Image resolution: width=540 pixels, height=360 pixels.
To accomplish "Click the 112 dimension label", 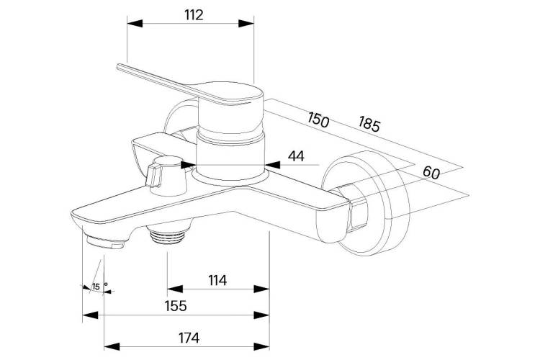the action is coord(194,15).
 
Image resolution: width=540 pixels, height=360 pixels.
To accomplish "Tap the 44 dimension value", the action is coord(296,156).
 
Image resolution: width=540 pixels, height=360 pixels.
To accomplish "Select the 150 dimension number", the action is coord(318,120).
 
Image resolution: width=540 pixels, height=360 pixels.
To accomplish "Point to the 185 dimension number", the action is coord(369,124).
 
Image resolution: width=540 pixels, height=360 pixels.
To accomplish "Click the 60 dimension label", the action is coord(431,172).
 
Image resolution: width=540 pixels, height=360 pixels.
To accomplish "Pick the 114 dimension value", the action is coord(217,280).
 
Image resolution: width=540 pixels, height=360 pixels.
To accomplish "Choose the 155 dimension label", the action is coord(176,305).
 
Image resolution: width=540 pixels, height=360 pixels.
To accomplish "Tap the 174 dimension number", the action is coord(189,338).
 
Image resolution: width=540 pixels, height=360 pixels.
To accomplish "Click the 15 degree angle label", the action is coord(96,287).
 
